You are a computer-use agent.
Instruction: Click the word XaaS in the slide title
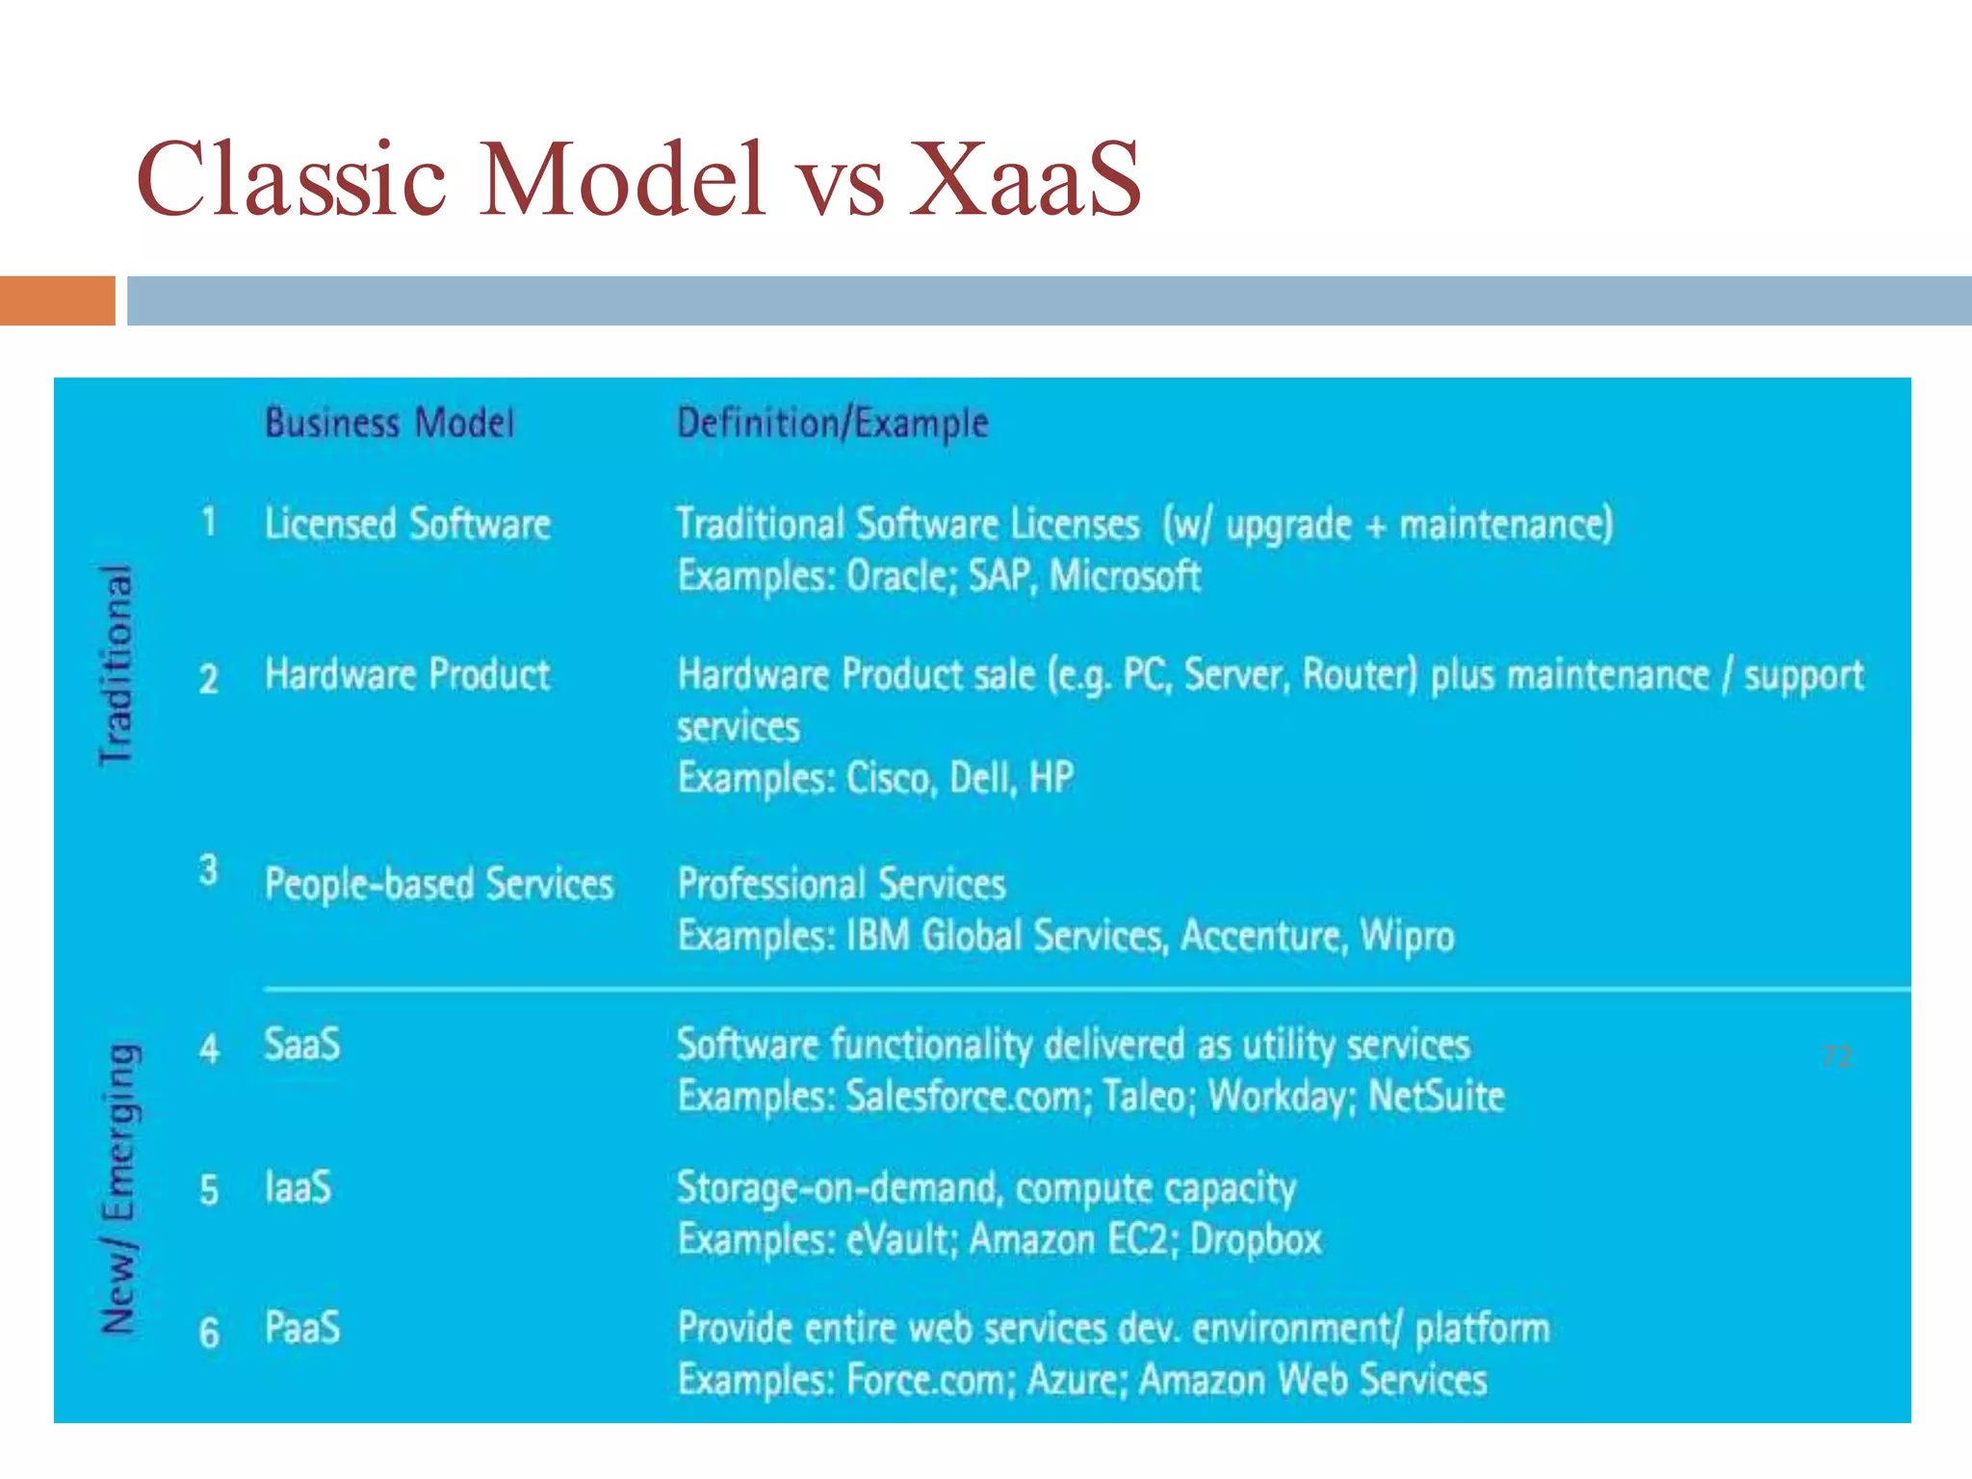point(1025,179)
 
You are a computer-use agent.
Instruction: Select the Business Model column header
point(390,424)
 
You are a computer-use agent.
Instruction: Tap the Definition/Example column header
point(833,424)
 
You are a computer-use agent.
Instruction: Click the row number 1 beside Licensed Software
point(209,523)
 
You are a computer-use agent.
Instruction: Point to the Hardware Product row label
point(407,675)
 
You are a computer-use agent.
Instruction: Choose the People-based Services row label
point(439,884)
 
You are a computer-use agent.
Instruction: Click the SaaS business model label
point(302,1045)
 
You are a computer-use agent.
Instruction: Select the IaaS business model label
point(298,1187)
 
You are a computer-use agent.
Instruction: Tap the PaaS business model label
point(302,1328)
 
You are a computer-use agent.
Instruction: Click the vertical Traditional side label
point(117,665)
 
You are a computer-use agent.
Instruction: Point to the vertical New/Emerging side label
point(120,1189)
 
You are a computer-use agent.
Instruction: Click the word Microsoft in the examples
point(1125,577)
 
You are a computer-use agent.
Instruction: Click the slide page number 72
point(1836,1057)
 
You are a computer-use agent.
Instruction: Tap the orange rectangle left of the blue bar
point(57,300)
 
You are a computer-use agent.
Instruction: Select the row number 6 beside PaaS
point(209,1334)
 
